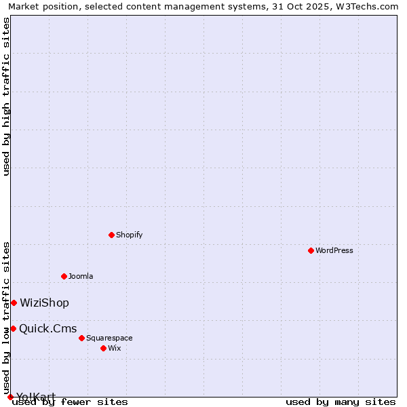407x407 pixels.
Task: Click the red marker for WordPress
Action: coord(311,250)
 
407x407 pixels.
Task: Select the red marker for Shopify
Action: coord(111,235)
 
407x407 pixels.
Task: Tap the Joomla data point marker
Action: coord(64,276)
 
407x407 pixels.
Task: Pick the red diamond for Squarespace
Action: coord(81,338)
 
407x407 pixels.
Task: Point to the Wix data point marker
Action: coord(103,348)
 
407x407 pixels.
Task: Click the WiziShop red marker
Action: coord(14,303)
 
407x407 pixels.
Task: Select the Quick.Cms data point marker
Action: coord(13,328)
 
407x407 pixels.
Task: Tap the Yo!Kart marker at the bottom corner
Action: coord(10,397)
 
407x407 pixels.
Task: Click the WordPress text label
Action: coord(334,250)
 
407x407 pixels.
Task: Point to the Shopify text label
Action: coord(129,235)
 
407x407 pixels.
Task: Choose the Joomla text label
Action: coord(81,276)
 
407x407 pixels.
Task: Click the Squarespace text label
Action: coord(109,338)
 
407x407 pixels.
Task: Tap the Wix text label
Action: coord(115,348)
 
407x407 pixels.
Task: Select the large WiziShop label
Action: coord(44,303)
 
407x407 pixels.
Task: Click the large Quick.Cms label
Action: coord(47,329)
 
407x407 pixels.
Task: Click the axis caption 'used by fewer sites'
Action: coord(70,402)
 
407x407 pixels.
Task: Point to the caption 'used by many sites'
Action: coord(341,402)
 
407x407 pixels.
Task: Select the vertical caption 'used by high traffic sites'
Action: coord(7,96)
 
